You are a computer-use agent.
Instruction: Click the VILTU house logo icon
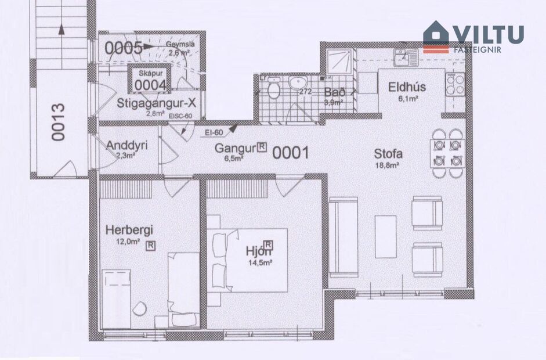point(436,37)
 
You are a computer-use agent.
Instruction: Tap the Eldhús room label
point(407,88)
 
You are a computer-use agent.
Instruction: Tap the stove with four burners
point(454,84)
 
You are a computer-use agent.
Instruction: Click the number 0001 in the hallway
point(290,153)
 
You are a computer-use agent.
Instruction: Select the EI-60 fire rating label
point(215,133)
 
